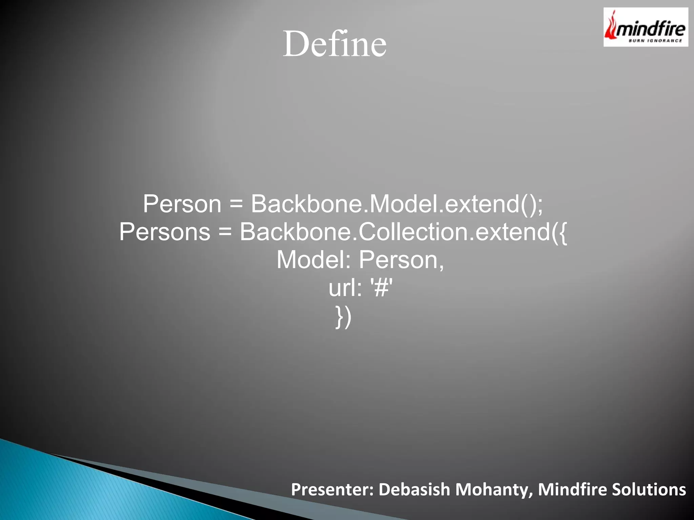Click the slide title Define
click(334, 44)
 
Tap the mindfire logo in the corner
click(646, 27)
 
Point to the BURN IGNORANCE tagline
click(655, 41)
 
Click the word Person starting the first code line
click(182, 204)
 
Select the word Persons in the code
click(165, 232)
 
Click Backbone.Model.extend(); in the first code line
click(396, 204)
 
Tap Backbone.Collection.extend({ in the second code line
click(403, 232)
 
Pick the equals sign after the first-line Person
click(236, 204)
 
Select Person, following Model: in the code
click(401, 260)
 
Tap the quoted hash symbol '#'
click(382, 288)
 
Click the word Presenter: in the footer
click(332, 490)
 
